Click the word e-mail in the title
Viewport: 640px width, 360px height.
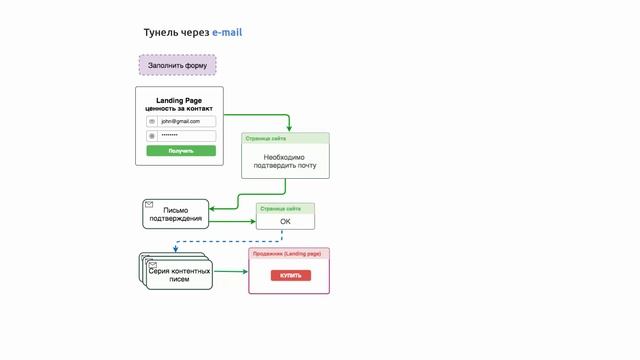pyautogui.click(x=227, y=33)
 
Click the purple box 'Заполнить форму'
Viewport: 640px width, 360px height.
pyautogui.click(x=177, y=66)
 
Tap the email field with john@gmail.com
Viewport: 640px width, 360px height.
pyautogui.click(x=186, y=121)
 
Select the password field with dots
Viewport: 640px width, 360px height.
pyautogui.click(x=186, y=135)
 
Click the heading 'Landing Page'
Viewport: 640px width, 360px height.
pyautogui.click(x=179, y=100)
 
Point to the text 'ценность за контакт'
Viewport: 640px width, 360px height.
pyautogui.click(x=179, y=109)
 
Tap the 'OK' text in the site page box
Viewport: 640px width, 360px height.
pyautogui.click(x=285, y=221)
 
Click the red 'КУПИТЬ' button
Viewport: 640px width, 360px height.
pyautogui.click(x=290, y=275)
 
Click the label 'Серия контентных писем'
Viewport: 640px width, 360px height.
pyautogui.click(x=179, y=275)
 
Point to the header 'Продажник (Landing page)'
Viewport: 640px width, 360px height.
pyautogui.click(x=288, y=254)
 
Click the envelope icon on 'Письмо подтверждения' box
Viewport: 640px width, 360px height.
pyautogui.click(x=149, y=205)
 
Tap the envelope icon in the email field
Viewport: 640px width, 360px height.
pyautogui.click(x=152, y=121)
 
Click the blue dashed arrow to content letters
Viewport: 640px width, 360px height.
pyautogui.click(x=230, y=241)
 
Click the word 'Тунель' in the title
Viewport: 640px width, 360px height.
pyautogui.click(x=163, y=33)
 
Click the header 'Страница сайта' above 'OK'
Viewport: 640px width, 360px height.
pyautogui.click(x=281, y=208)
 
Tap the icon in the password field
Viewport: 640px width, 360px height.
pyautogui.click(x=152, y=135)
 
